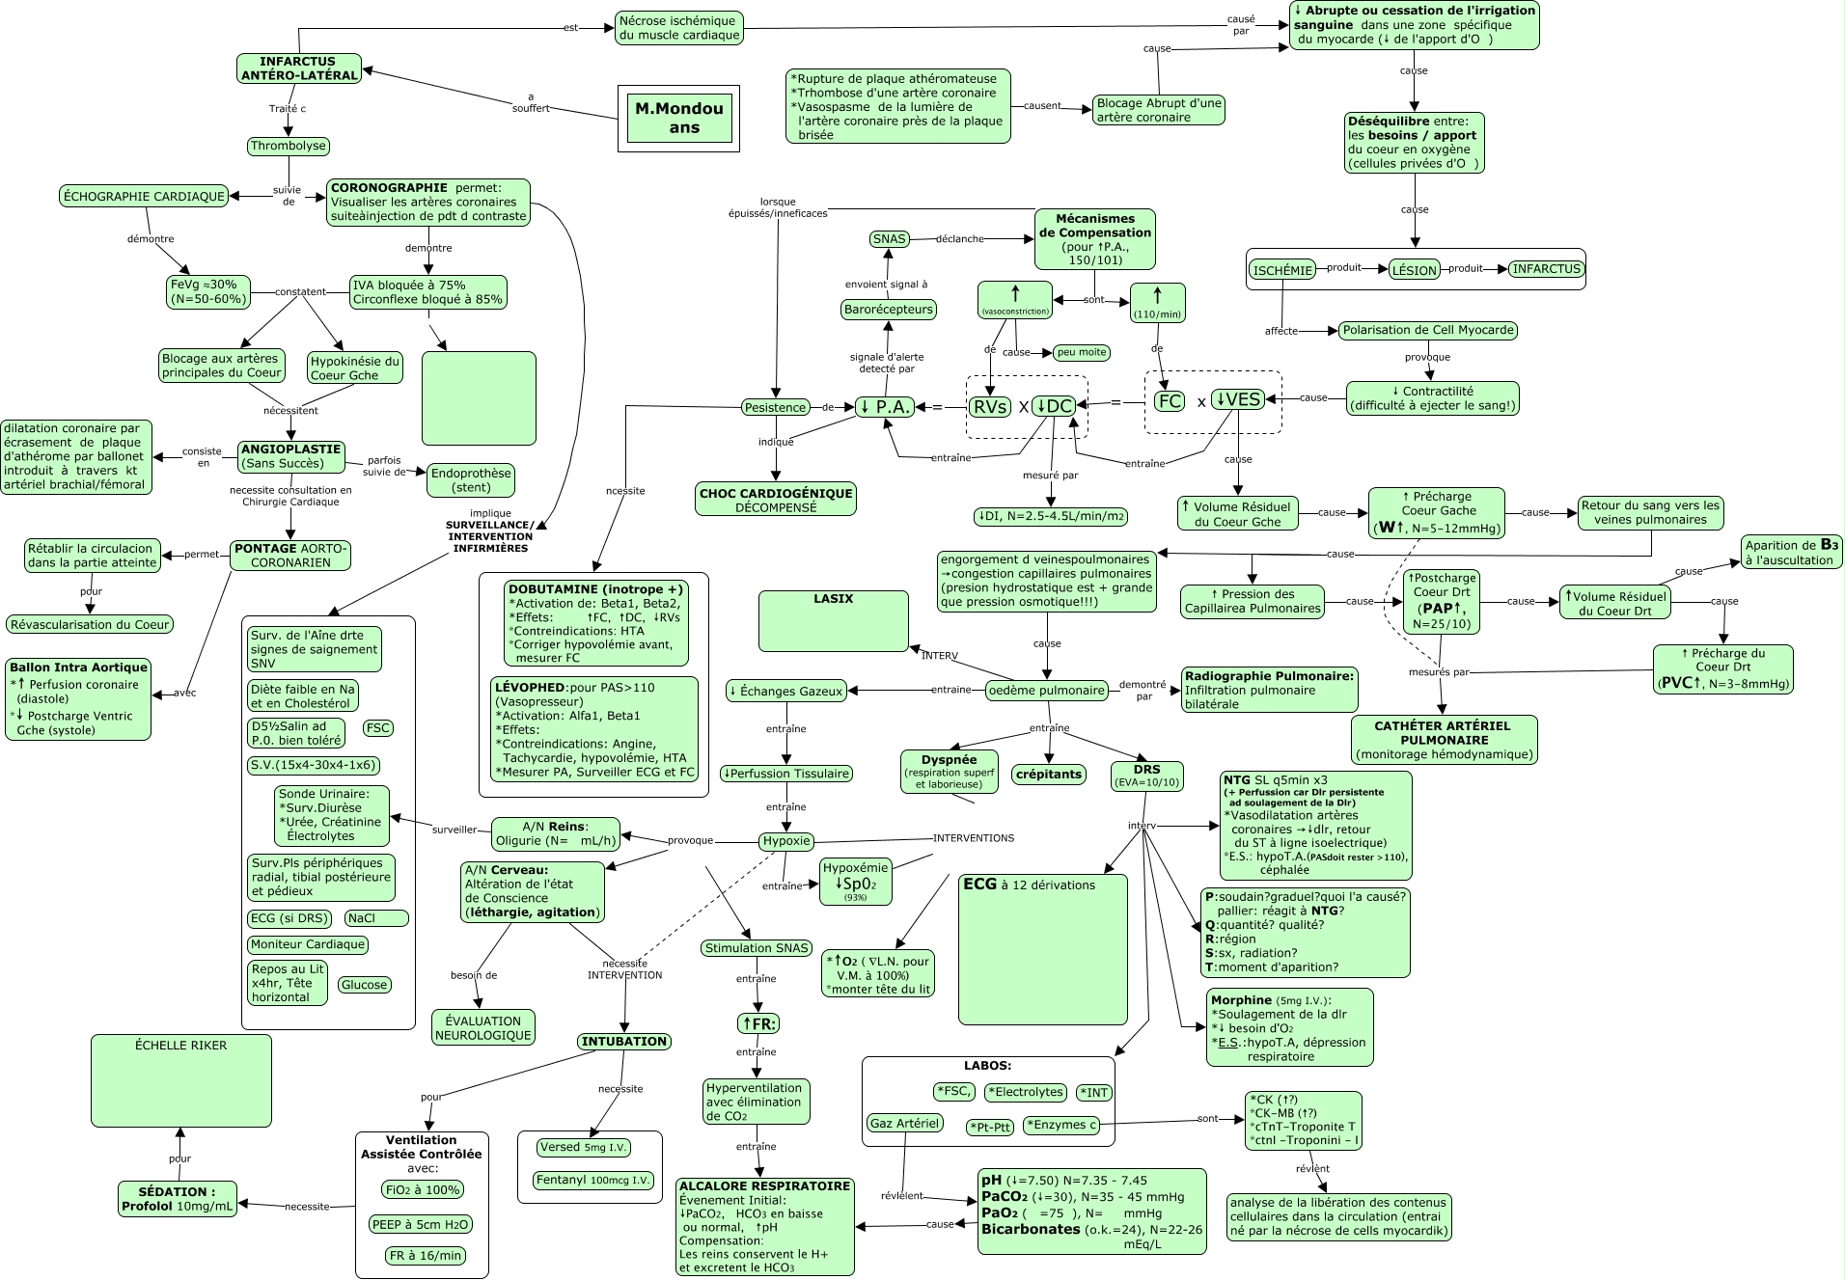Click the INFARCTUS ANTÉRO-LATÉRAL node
pyautogui.click(x=299, y=68)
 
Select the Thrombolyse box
pyautogui.click(x=289, y=147)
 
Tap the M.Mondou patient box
pyautogui.click(x=678, y=118)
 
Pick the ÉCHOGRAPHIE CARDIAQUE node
pyautogui.click(x=144, y=197)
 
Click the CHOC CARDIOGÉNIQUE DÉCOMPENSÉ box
pyautogui.click(x=776, y=500)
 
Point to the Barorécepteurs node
pyautogui.click(x=889, y=310)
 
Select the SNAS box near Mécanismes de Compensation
pyautogui.click(x=889, y=239)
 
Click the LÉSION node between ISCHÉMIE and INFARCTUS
pyautogui.click(x=1414, y=270)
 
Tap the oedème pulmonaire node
pyautogui.click(x=1046, y=691)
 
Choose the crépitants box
pyautogui.click(x=1050, y=775)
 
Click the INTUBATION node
pyautogui.click(x=624, y=1042)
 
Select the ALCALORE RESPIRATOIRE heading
pyautogui.click(x=764, y=1186)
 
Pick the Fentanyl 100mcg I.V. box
pyautogui.click(x=593, y=1181)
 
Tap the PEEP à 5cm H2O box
pyautogui.click(x=420, y=1225)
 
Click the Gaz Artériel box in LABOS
pyautogui.click(x=904, y=1124)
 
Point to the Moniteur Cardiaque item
pyautogui.click(x=308, y=945)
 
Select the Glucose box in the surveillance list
pyautogui.click(x=364, y=985)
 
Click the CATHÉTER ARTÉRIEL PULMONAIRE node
pyautogui.click(x=1443, y=740)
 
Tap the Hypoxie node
pyautogui.click(x=786, y=841)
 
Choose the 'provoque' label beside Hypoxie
pyautogui.click(x=691, y=840)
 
